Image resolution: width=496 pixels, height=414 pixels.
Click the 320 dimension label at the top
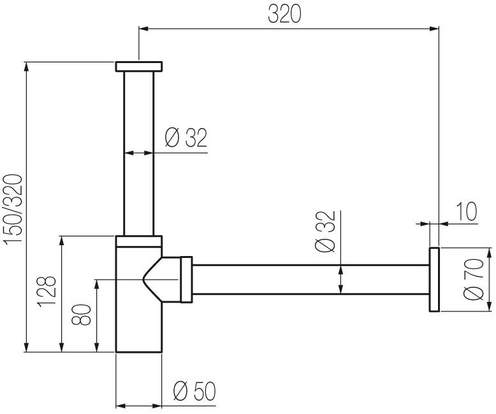[x=284, y=14]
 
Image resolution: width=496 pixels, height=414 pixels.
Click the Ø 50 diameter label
[x=194, y=391]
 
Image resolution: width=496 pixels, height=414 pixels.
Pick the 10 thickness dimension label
[x=467, y=211]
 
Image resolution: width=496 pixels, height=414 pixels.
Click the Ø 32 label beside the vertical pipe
[x=186, y=138]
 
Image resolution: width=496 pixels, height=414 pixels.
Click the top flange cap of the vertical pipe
[x=138, y=66]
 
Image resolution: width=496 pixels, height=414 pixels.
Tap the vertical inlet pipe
[x=138, y=153]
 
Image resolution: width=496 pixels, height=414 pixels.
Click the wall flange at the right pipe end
[x=434, y=280]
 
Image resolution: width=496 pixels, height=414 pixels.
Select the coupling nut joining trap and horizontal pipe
[x=186, y=280]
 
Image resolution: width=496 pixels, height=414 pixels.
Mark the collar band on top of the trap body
[x=138, y=241]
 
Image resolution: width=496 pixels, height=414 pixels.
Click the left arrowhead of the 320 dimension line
[x=143, y=28]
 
